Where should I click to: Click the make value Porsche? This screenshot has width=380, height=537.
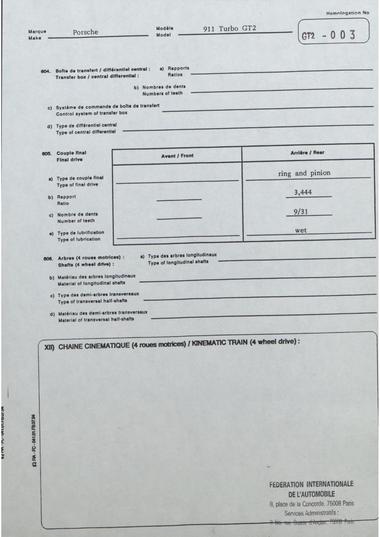(x=85, y=32)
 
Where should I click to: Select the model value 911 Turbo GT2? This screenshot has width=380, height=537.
(x=230, y=29)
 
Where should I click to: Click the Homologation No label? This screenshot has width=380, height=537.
(x=348, y=13)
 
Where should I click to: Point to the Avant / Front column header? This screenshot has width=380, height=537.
(x=177, y=156)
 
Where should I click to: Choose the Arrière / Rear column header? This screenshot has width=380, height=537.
(x=307, y=152)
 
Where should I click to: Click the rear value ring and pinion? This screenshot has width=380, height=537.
(x=304, y=173)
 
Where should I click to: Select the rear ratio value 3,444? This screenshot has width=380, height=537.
(x=303, y=193)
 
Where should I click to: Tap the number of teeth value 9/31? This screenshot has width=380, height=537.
(x=301, y=212)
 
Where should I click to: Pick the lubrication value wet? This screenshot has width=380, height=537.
(x=301, y=231)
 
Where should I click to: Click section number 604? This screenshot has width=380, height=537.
(x=45, y=71)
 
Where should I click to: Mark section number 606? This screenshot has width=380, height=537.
(x=47, y=258)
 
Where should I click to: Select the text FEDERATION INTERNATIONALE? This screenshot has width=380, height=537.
(x=311, y=485)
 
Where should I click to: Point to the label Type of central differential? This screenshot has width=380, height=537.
(x=86, y=132)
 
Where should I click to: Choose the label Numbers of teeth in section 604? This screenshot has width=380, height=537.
(x=162, y=93)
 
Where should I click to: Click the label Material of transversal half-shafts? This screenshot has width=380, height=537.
(x=96, y=319)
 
